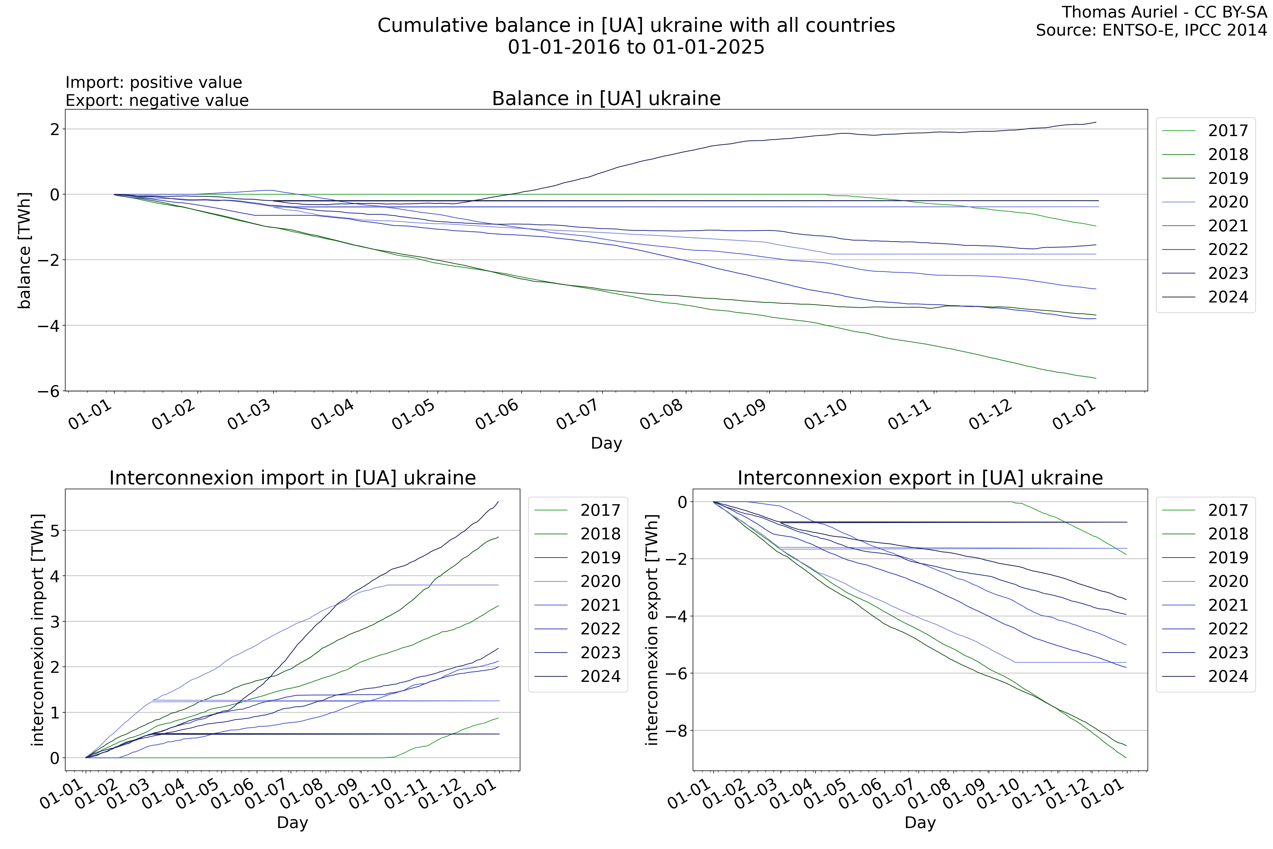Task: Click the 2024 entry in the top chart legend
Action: coord(1228,297)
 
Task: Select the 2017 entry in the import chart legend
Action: coord(600,510)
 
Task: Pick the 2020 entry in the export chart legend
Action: coord(1228,582)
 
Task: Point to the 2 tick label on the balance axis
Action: coord(54,129)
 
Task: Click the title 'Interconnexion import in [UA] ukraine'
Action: coord(292,478)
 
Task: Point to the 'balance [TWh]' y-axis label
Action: coord(24,250)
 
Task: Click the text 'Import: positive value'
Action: coord(154,82)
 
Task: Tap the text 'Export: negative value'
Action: coord(157,101)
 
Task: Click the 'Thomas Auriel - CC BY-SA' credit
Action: coord(1164,12)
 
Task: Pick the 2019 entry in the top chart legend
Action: coord(1228,178)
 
